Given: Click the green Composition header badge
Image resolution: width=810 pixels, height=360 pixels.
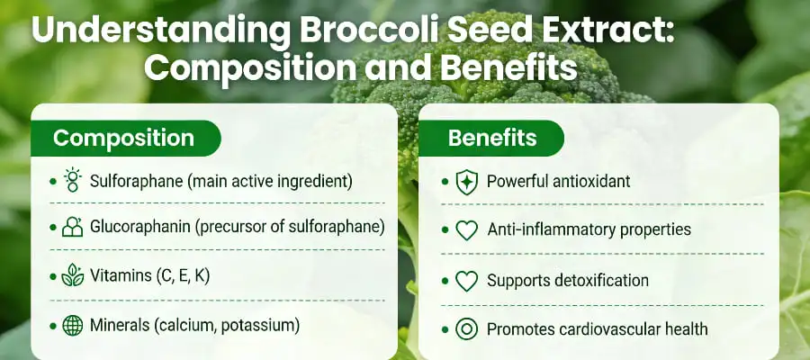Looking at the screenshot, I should tap(124, 138).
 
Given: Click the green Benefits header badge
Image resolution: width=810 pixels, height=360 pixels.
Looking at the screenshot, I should tap(492, 138).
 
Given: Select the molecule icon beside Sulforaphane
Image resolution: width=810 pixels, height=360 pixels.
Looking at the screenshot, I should tap(73, 180).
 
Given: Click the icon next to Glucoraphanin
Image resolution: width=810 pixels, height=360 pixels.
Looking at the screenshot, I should tap(73, 229).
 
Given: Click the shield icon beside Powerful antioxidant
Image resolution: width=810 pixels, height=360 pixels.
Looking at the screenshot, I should tap(466, 182).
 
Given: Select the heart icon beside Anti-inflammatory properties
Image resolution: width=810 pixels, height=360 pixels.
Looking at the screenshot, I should tap(466, 230).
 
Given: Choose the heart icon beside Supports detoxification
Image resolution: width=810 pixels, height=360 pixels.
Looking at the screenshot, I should tap(466, 281).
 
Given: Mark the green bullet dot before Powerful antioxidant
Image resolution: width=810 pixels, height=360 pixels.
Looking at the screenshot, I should tap(445, 182).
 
